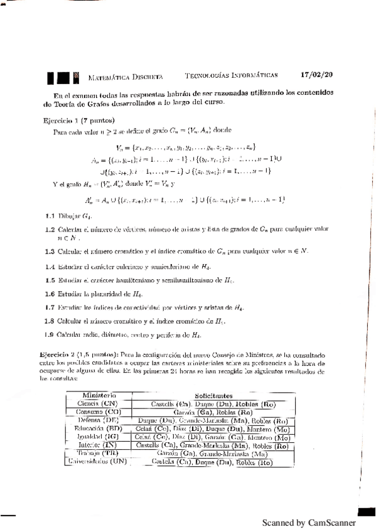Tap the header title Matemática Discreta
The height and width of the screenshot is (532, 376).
click(126, 76)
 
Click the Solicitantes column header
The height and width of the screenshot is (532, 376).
click(213, 396)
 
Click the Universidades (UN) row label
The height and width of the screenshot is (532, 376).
click(97, 462)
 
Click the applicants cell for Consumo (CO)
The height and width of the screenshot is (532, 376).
click(213, 412)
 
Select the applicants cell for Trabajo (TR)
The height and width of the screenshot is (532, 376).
click(213, 454)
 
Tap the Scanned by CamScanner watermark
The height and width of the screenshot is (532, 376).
click(309, 523)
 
